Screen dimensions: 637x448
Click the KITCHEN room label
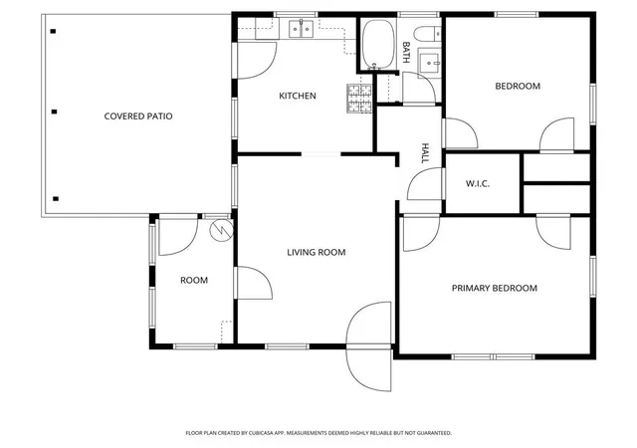coord(298,96)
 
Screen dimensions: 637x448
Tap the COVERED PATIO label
coord(138,116)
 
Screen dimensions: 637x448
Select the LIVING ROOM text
coord(317,253)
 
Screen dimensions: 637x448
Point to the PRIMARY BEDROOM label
coord(495,289)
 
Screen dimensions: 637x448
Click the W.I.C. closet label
coord(478,184)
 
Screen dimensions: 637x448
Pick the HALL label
coord(425,153)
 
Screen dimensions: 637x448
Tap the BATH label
coord(405,52)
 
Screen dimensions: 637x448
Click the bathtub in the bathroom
coord(378,44)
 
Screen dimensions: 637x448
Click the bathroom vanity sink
coord(429,63)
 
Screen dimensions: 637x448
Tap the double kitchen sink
coord(301,29)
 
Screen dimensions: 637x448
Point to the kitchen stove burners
coord(359,99)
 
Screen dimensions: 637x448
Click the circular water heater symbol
coord(221,230)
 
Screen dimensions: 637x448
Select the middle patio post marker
coord(54,112)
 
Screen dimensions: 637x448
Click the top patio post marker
coord(53,31)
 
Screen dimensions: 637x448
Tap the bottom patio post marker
coord(56,199)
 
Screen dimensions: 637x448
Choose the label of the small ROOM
coord(194,281)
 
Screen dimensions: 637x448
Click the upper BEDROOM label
coord(518,87)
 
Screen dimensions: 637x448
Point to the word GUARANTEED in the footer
coord(436,433)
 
